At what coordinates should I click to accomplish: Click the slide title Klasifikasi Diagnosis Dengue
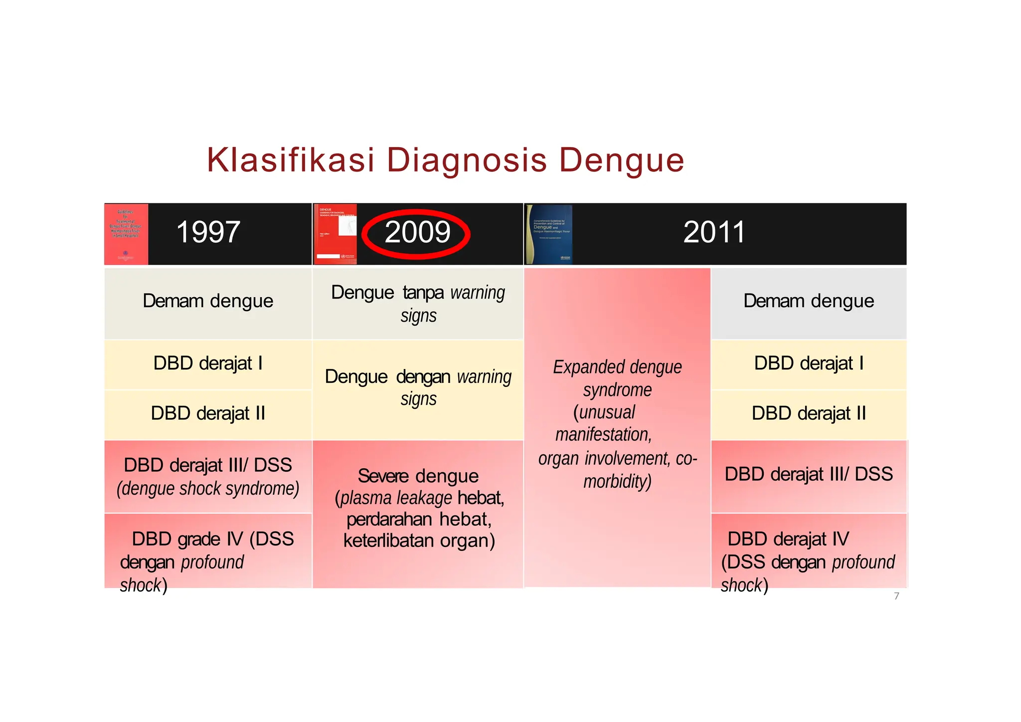pos(445,160)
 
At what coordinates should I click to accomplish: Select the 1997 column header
pos(208,232)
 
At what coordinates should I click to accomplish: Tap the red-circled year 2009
pos(417,233)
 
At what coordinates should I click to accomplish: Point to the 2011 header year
pos(714,232)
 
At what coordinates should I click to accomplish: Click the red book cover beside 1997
pos(126,234)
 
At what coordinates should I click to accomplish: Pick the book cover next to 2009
pos(335,234)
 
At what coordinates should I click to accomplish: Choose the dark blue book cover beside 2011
pos(549,234)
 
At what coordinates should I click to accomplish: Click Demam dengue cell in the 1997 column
pos(208,301)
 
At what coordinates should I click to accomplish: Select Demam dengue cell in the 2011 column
pos(808,301)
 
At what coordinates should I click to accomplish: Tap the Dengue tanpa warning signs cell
pos(418,303)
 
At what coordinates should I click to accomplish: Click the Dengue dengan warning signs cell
pos(418,388)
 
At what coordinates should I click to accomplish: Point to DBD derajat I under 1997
pos(208,363)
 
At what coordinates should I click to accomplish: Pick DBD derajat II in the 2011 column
pos(808,413)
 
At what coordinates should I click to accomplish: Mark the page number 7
pos(896,596)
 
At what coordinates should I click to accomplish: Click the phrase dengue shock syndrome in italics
pos(208,489)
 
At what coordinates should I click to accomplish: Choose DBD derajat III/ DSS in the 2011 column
pos(808,474)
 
